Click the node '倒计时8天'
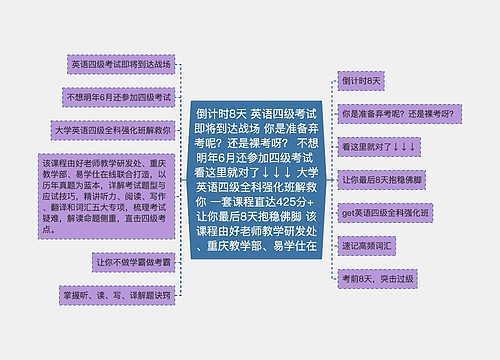(362, 79)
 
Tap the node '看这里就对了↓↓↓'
(378, 146)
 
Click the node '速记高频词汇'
(371, 246)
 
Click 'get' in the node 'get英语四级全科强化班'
(349, 213)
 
